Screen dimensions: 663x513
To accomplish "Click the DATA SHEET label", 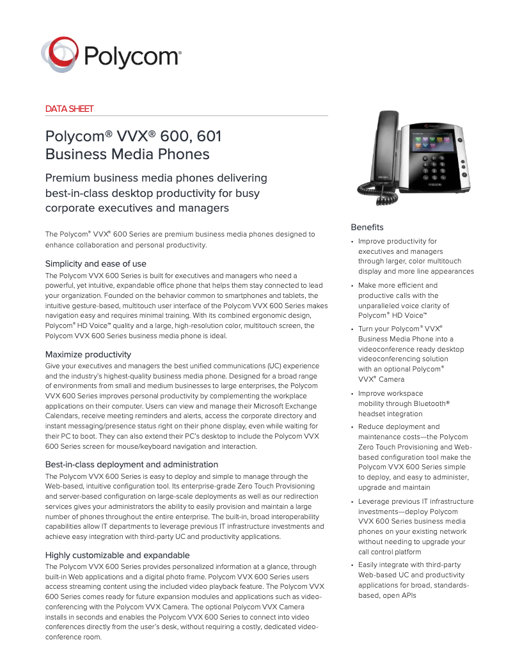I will [x=69, y=109].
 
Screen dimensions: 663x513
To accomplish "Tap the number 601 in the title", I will [x=209, y=136].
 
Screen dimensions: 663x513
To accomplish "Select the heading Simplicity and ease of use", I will [x=96, y=263].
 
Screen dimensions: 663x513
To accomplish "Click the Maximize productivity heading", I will [x=88, y=354].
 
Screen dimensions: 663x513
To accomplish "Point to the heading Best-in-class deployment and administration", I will [x=132, y=464].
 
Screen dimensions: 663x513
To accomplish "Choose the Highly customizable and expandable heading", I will [x=118, y=555].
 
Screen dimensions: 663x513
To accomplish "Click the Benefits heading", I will [x=367, y=227].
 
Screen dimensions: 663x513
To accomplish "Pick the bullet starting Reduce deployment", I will [x=353, y=427].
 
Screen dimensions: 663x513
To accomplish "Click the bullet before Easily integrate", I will [x=353, y=565].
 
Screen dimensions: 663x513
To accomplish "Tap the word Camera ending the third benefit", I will [x=391, y=379].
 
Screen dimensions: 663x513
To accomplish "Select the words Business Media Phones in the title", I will [x=127, y=154].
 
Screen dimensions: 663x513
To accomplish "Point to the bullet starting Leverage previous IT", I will [x=353, y=502].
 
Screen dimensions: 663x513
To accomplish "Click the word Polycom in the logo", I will [x=132, y=55].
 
